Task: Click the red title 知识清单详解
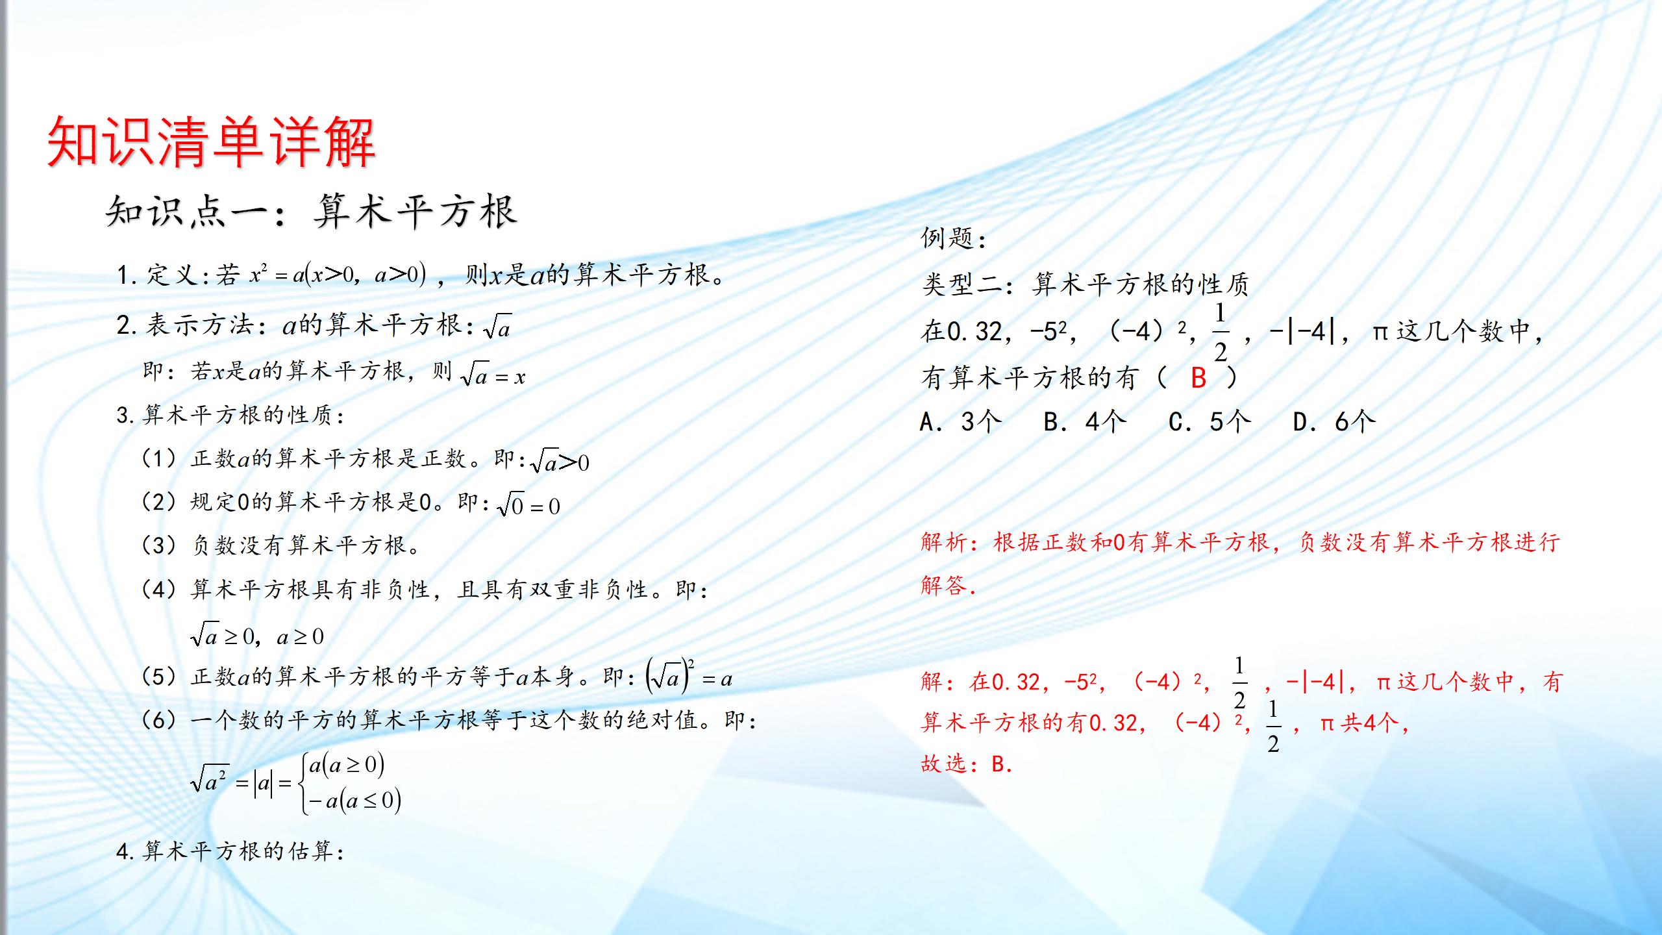(211, 143)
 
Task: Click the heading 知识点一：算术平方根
(312, 212)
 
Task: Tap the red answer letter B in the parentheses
(1198, 378)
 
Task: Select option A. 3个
(961, 422)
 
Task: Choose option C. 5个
(1209, 422)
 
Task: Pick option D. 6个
(1334, 422)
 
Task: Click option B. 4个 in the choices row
(1084, 422)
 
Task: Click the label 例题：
(953, 239)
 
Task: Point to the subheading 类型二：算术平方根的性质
(1084, 284)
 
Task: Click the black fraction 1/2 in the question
(1221, 332)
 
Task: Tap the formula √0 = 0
(528, 505)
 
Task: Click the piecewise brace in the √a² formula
(303, 783)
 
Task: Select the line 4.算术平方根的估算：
(230, 851)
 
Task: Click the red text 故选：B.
(966, 764)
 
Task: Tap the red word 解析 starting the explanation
(945, 542)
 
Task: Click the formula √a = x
(493, 375)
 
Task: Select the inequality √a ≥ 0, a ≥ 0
(257, 636)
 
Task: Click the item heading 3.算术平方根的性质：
(230, 415)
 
